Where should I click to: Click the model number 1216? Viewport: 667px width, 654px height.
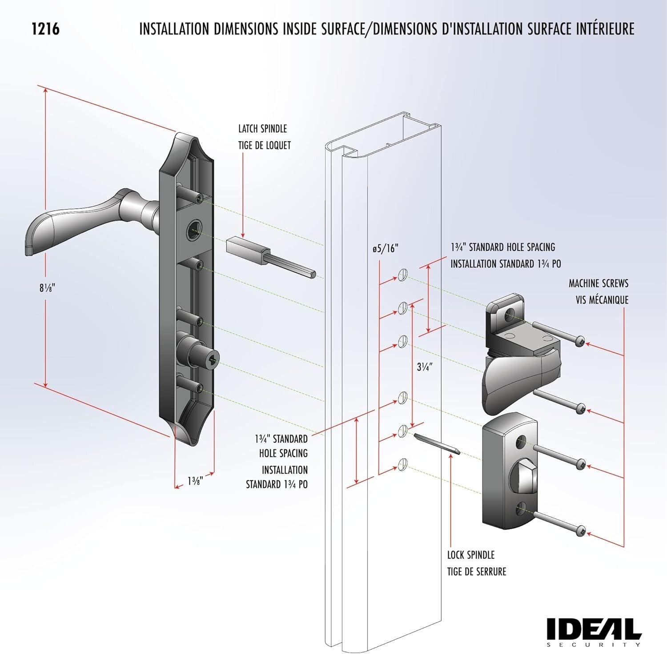pyautogui.click(x=45, y=29)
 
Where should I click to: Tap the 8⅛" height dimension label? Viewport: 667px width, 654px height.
pyautogui.click(x=46, y=288)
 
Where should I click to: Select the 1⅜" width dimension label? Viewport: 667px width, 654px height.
pyautogui.click(x=195, y=481)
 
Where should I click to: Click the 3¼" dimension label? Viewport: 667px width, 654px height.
pyautogui.click(x=425, y=367)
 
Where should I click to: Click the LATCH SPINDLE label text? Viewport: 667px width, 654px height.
pyautogui.click(x=262, y=129)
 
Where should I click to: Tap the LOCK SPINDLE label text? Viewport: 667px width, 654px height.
pyautogui.click(x=471, y=555)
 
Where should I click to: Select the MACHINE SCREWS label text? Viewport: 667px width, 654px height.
pyautogui.click(x=598, y=283)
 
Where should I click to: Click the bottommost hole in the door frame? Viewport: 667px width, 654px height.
pyautogui.click(x=403, y=464)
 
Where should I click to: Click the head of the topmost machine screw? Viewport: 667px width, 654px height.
pyautogui.click(x=581, y=342)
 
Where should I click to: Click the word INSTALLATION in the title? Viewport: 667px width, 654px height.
pyautogui.click(x=174, y=29)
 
